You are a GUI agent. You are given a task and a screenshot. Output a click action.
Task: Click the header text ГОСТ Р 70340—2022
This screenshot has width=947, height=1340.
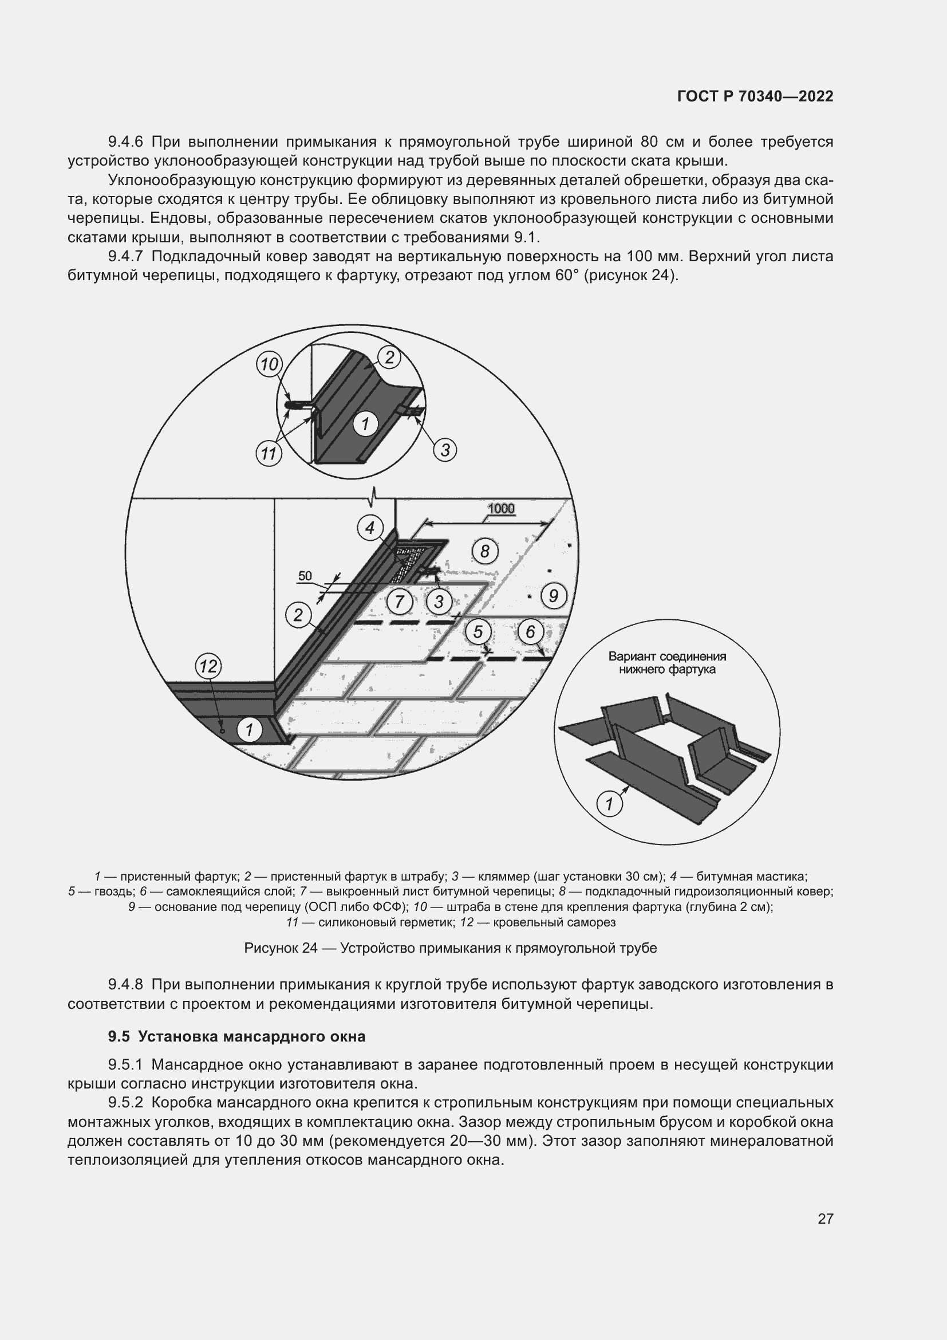pos(755,96)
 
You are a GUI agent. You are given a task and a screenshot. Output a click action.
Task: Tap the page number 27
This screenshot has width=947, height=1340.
pos(825,1219)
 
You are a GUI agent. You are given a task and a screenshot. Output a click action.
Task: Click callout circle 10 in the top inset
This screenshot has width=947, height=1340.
pos(269,365)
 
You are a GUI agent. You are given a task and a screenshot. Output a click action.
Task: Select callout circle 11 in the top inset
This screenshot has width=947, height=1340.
pos(269,453)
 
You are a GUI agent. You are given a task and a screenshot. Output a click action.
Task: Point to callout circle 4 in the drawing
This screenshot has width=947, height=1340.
pos(370,528)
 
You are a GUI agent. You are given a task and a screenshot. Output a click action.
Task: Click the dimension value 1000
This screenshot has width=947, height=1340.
pos(501,509)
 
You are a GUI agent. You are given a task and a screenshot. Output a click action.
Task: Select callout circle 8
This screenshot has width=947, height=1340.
pos(484,551)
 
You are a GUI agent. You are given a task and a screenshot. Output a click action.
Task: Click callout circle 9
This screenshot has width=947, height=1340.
pos(554,596)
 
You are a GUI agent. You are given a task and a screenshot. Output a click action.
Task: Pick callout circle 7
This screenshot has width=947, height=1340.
pos(400,601)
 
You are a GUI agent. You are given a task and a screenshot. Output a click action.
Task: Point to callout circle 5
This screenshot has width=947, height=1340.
pos(478,631)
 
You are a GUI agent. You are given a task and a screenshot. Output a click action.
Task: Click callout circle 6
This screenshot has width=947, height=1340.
pos(531,631)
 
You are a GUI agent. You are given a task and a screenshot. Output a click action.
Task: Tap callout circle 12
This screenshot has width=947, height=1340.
pos(208,666)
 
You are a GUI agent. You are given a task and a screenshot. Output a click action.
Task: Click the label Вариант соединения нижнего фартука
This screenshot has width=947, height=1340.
pos(667,663)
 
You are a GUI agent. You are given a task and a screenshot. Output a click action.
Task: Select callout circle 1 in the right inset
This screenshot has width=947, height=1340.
pos(609,805)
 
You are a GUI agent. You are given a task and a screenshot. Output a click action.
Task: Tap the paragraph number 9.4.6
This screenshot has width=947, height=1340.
pos(125,142)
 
